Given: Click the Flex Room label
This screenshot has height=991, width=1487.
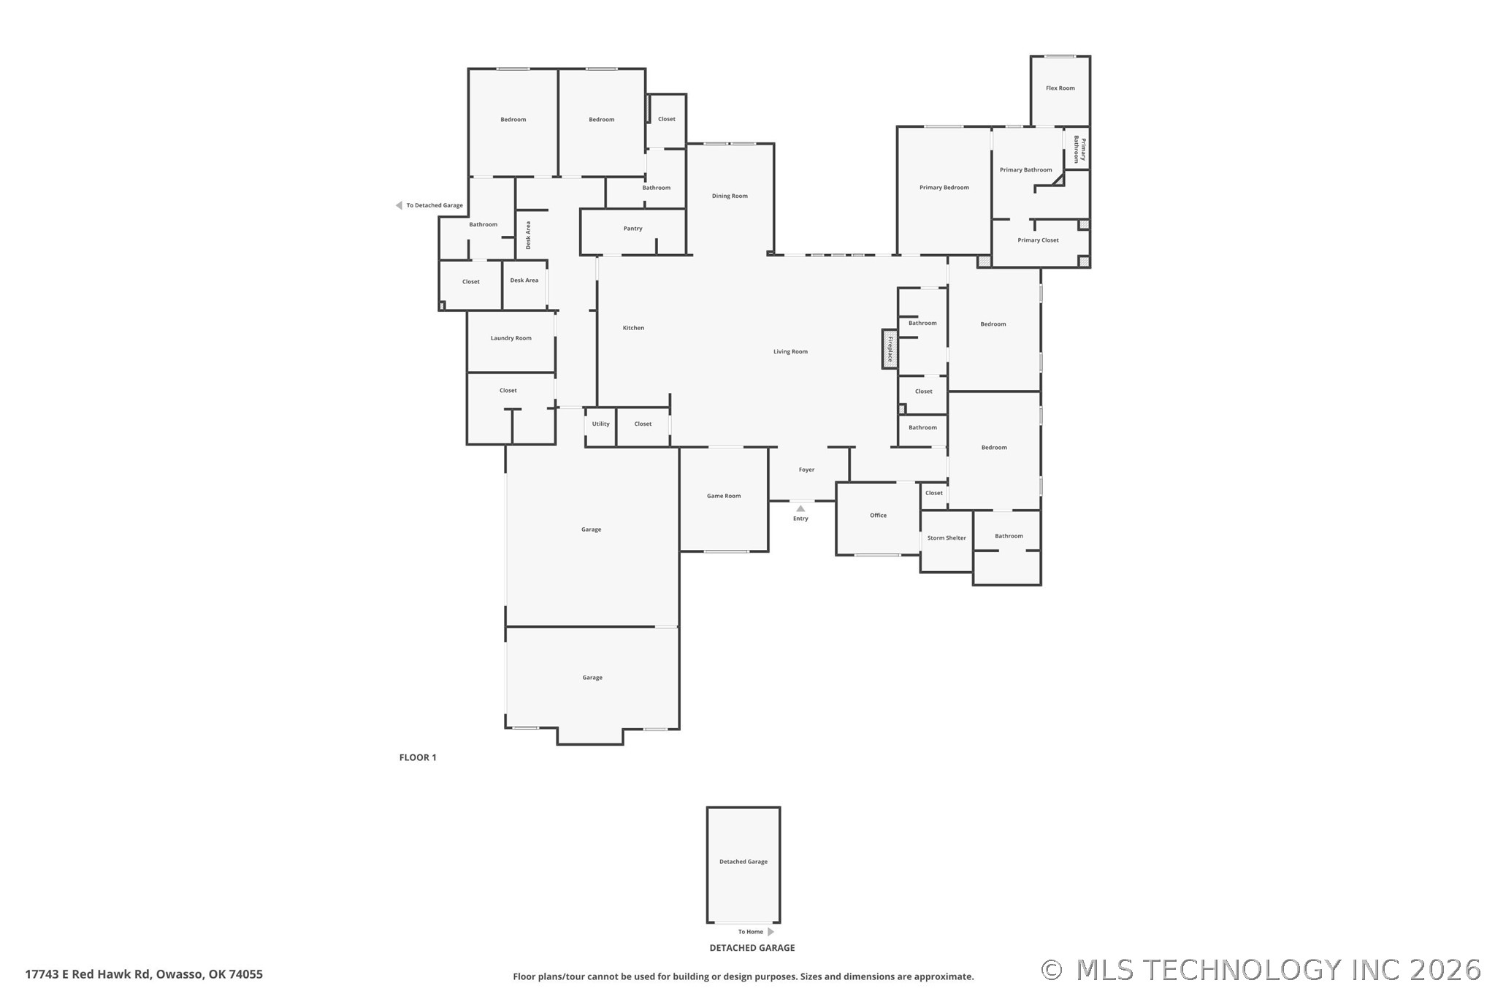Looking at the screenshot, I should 1060,88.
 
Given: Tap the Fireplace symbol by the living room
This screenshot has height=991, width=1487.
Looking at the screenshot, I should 889,349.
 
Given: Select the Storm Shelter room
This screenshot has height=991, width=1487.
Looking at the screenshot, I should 946,538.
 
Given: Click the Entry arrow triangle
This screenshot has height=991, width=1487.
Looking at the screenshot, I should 800,508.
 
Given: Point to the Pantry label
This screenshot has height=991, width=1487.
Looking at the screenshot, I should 632,229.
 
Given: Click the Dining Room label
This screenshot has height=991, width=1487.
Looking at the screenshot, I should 729,196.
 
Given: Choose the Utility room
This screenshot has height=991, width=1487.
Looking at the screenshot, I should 600,424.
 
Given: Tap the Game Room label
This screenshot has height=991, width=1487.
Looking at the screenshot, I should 723,496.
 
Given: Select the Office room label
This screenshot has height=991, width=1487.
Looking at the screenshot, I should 878,516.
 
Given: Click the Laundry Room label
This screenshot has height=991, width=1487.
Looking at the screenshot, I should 511,338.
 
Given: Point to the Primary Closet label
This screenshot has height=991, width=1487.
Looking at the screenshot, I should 1037,240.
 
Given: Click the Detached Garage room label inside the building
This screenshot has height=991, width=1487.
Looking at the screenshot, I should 743,862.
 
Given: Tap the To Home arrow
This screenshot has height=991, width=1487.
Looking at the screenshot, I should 771,932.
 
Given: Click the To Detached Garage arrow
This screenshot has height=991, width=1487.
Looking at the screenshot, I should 399,205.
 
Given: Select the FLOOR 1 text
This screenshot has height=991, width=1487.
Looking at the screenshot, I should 417,757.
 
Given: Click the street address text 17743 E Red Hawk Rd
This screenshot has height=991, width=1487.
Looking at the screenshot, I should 144,974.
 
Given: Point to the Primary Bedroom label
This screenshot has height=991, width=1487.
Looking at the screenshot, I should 944,188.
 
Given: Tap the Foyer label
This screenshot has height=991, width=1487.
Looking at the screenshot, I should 806,470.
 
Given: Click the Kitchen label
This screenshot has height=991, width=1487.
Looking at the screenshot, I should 632,328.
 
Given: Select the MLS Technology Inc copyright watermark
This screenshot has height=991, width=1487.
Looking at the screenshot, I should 1261,970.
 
